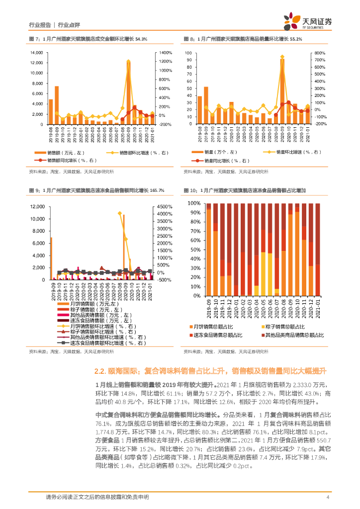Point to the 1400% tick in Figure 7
tap(166, 53)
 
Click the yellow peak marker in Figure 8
tap(282, 57)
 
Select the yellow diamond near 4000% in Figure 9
tap(120, 213)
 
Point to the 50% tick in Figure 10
tap(194, 250)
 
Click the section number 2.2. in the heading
tap(101, 370)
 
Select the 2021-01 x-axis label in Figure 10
tap(317, 307)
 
